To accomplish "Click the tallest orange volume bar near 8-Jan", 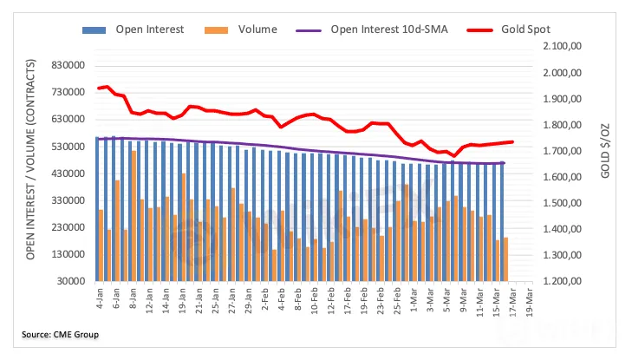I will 134,216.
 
